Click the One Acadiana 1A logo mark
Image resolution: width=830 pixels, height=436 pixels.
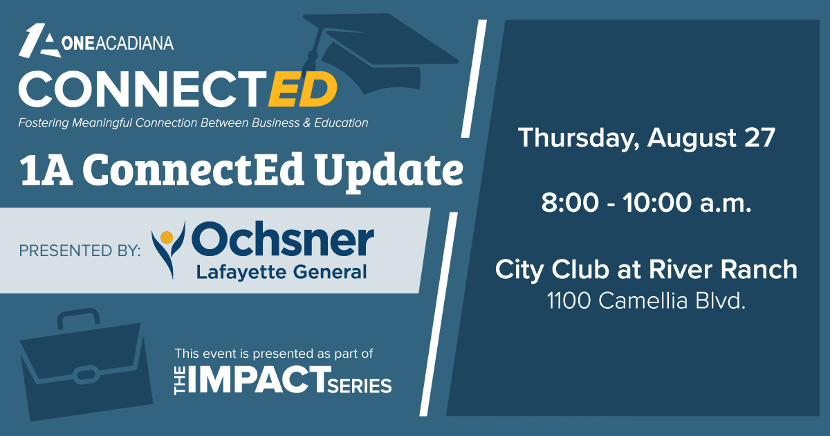[x=39, y=41]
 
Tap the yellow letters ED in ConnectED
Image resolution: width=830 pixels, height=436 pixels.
[x=303, y=89]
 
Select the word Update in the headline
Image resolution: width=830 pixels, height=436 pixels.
[x=389, y=170]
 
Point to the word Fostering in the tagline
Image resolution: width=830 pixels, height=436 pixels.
[x=44, y=123]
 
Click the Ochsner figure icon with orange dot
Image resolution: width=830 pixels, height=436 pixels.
[x=168, y=249]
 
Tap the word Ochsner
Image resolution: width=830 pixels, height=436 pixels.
[x=282, y=239]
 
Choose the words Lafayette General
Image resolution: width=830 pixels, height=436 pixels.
[x=282, y=272]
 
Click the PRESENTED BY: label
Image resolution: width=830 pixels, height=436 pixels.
[x=80, y=251]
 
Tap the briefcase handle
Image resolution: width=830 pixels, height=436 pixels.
[x=79, y=318]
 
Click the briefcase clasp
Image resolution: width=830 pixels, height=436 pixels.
[x=86, y=374]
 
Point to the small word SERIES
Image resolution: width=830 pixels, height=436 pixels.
[x=359, y=386]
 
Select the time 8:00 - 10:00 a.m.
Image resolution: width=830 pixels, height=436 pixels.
[x=646, y=203]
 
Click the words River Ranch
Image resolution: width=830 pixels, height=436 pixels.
[x=723, y=269]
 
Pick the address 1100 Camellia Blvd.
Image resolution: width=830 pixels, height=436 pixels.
[x=646, y=300]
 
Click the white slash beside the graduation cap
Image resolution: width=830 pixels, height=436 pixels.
[x=474, y=79]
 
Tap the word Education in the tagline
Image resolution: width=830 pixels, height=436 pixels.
[x=341, y=122]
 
